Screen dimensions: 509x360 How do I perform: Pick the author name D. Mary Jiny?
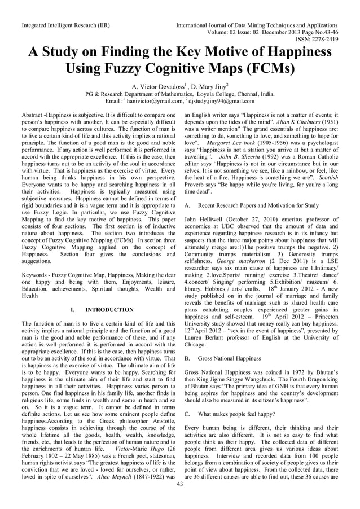pyautogui.click(x=208, y=86)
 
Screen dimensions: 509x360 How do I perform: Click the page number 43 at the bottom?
pyautogui.click(x=180, y=499)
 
